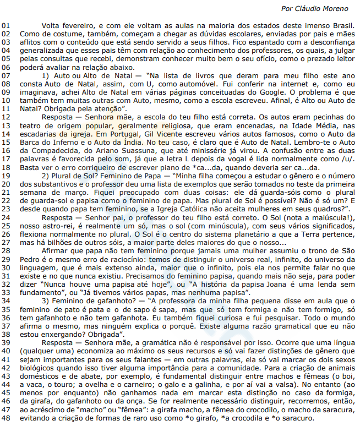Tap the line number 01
tap(6, 26)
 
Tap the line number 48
tap(6, 418)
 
